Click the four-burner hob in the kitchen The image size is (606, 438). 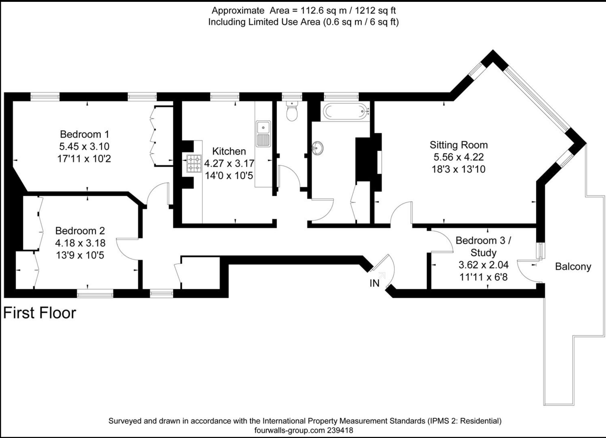point(194,164)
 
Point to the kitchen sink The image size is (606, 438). point(263,134)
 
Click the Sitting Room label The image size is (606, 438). point(459,145)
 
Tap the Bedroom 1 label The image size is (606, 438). point(85,134)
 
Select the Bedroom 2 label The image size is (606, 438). point(80,231)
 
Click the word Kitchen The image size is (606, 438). point(229,151)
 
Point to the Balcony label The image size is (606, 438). point(573,267)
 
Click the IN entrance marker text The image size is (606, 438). point(375,283)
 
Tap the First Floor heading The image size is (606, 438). point(40,313)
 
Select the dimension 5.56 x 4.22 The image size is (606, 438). point(459,157)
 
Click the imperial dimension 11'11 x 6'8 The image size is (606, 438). point(484,277)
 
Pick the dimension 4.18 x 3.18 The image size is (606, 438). point(80,243)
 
